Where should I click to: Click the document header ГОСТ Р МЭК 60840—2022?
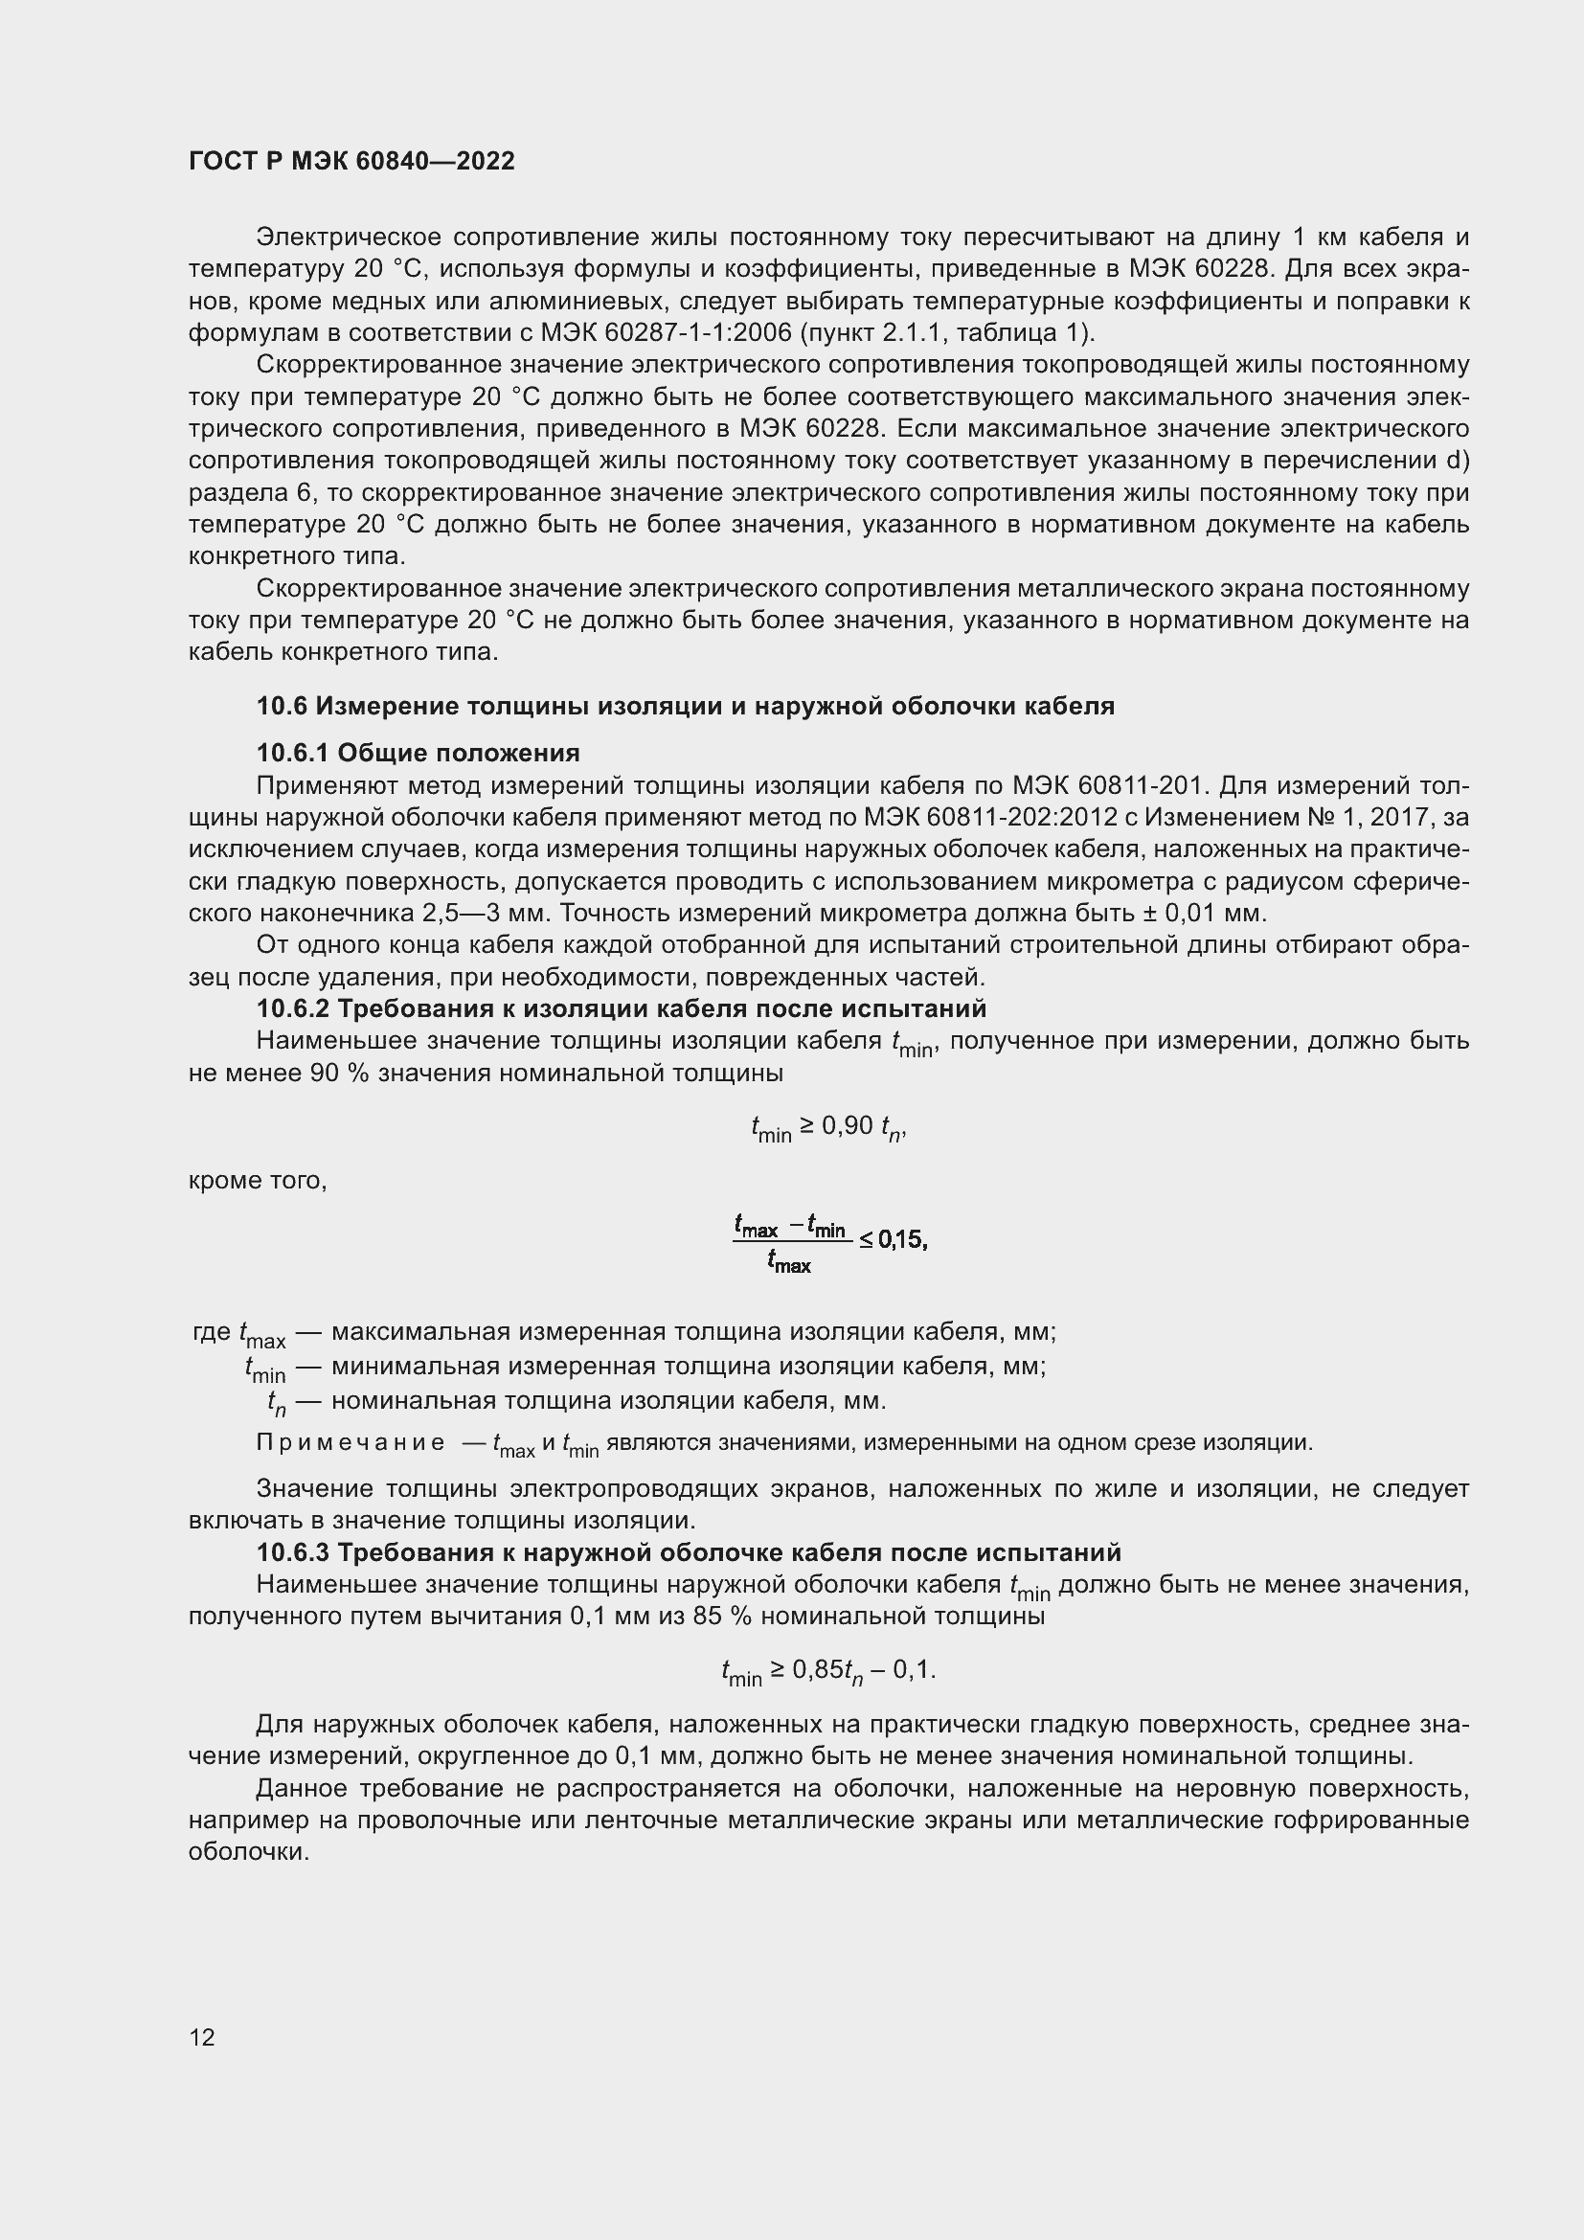pos(351,162)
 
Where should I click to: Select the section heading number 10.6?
pos(281,707)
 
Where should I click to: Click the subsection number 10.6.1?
pos(293,753)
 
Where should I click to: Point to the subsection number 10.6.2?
pos(293,1008)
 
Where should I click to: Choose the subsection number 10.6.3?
pos(293,1552)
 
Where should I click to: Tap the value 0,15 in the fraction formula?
pos(901,1240)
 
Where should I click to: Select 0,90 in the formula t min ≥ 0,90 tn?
pos(847,1127)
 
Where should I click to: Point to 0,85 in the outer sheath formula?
pos(816,1670)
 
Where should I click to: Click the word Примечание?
pos(351,1443)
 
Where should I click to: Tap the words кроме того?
pos(258,1182)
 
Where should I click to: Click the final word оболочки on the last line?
pos(249,1853)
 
